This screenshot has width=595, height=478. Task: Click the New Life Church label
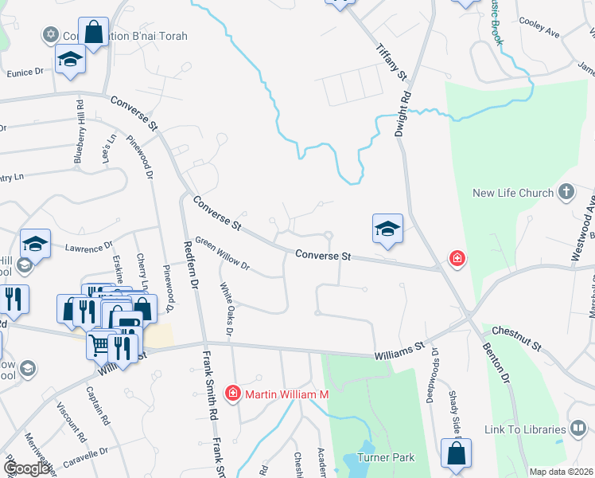(x=513, y=193)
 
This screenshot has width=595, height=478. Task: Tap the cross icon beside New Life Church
(x=566, y=192)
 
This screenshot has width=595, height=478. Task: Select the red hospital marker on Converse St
(x=457, y=258)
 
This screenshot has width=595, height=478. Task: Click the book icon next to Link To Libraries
(x=579, y=430)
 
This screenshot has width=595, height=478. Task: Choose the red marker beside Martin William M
(x=232, y=393)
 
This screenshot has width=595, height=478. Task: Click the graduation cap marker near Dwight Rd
(x=387, y=229)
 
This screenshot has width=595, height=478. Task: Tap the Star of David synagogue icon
(x=51, y=35)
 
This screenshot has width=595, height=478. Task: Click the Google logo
(x=26, y=468)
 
